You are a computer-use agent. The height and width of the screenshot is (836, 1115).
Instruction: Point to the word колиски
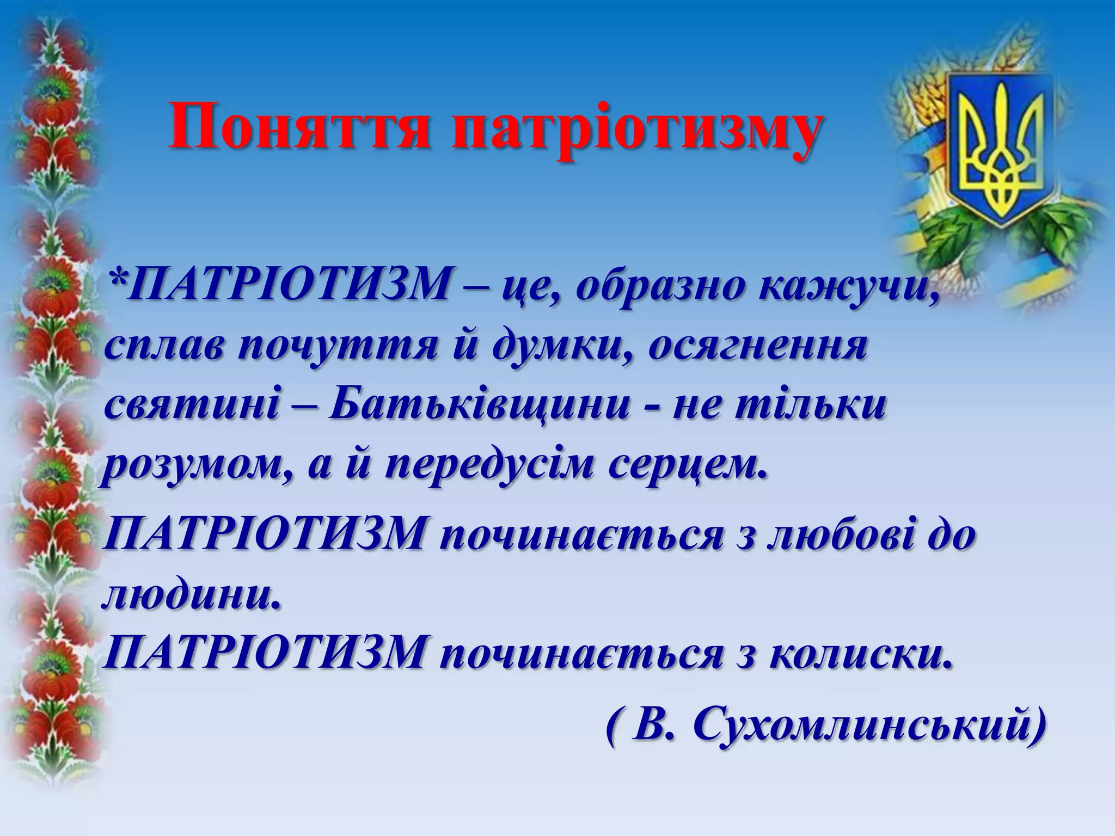[x=860, y=653]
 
